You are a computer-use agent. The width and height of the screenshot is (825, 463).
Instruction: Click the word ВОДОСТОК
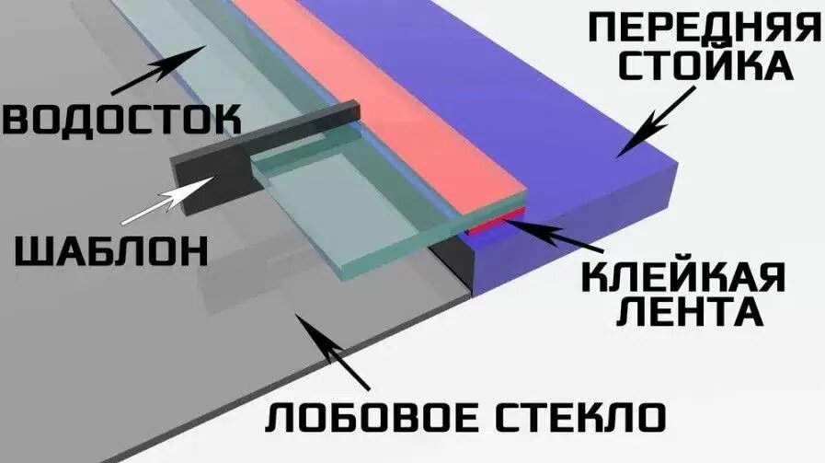click(121, 119)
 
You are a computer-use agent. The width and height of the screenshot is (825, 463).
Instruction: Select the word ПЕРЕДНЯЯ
click(703, 28)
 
